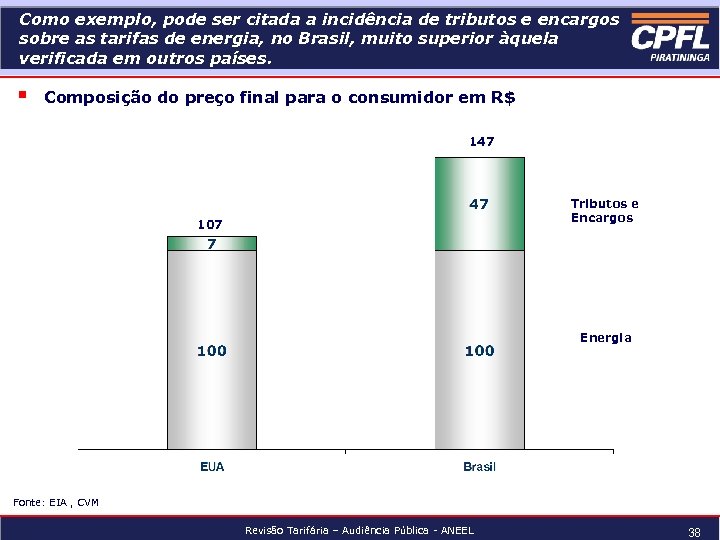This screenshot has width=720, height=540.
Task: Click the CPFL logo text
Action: (x=670, y=37)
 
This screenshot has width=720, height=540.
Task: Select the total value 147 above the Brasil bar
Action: (x=481, y=142)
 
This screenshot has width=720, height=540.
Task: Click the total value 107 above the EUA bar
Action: (x=210, y=224)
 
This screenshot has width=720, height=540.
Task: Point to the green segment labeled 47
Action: (x=479, y=204)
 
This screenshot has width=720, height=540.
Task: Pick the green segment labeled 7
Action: (x=211, y=243)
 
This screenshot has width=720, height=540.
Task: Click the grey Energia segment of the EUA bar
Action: (x=211, y=350)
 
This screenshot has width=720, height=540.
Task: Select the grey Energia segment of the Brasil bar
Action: (x=479, y=350)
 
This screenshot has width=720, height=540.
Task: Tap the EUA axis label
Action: (x=212, y=467)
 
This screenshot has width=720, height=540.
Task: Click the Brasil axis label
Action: (x=479, y=467)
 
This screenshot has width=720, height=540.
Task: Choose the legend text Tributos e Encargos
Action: (x=604, y=210)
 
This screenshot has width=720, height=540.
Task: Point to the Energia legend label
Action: (x=605, y=338)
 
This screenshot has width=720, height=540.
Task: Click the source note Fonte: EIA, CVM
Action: (x=56, y=502)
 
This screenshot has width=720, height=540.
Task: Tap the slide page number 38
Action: (x=694, y=533)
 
